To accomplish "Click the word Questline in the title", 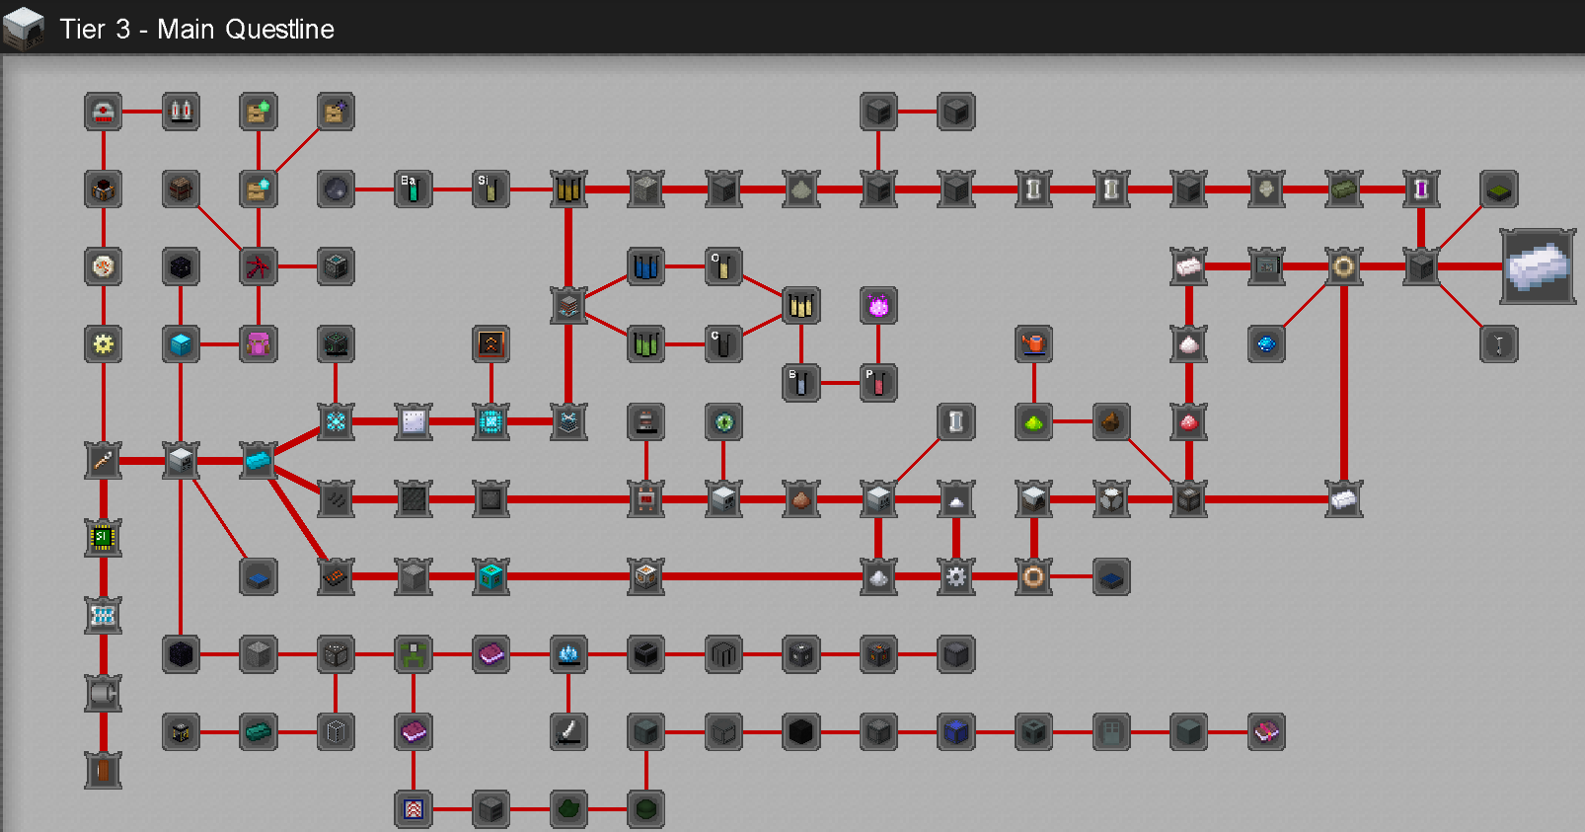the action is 279,29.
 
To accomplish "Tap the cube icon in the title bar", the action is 24,29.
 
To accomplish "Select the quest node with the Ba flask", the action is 414,189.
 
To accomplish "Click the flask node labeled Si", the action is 491,189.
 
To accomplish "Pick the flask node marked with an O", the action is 723,266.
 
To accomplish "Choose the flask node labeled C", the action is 723,344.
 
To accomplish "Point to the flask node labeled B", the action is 801,383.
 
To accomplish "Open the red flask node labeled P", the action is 878,383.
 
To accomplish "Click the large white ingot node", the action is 1538,266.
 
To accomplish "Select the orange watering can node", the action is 1033,344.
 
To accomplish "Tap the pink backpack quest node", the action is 259,344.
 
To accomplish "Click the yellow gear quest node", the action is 104,344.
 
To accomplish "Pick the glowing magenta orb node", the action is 878,306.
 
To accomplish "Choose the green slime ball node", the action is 1033,422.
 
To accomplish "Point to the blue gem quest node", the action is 1266,344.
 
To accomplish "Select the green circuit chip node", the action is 104,539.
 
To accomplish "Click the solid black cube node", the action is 801,731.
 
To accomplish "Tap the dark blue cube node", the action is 956,731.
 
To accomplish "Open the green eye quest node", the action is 723,422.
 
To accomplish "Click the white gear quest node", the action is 956,576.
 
